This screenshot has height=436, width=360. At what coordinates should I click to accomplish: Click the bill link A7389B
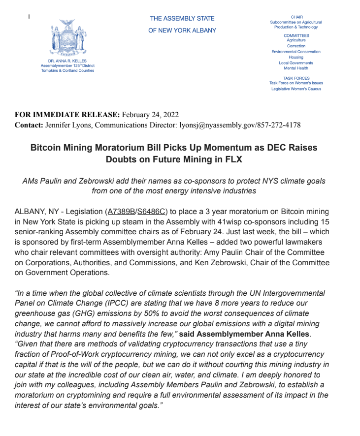click(x=121, y=212)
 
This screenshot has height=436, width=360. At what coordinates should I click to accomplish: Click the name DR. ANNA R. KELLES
click(x=67, y=61)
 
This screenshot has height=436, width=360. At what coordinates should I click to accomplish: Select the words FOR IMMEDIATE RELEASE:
click(x=67, y=115)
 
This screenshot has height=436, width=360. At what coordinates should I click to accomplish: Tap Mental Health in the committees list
click(x=296, y=68)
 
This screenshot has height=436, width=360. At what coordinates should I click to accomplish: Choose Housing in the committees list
click(x=296, y=57)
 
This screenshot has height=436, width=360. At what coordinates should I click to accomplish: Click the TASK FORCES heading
click(x=296, y=78)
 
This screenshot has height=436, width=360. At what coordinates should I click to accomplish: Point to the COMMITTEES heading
click(x=296, y=35)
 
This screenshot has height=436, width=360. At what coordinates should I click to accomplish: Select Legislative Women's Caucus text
click(x=296, y=89)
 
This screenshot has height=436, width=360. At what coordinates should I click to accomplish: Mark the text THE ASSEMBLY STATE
click(x=182, y=19)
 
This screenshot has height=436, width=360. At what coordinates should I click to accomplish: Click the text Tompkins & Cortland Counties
click(x=67, y=70)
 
